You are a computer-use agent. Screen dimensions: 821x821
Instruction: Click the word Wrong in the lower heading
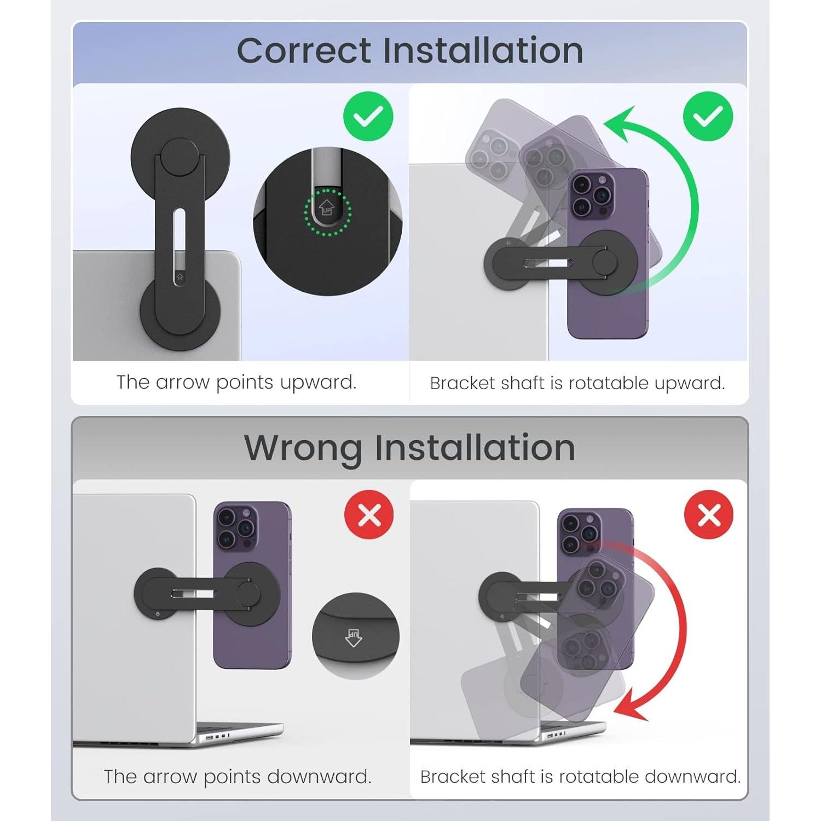pos(303,448)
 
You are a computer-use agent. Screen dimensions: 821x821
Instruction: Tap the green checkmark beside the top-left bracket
pos(368,116)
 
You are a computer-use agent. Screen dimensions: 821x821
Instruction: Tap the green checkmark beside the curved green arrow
pos(708,116)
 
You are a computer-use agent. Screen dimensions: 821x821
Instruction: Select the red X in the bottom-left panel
pos(369,514)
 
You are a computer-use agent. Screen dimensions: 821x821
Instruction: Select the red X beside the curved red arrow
pos(709,514)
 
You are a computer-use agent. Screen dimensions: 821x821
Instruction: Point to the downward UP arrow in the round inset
pos(354,637)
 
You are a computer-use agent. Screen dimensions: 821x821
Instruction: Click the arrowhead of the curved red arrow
pos(629,706)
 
